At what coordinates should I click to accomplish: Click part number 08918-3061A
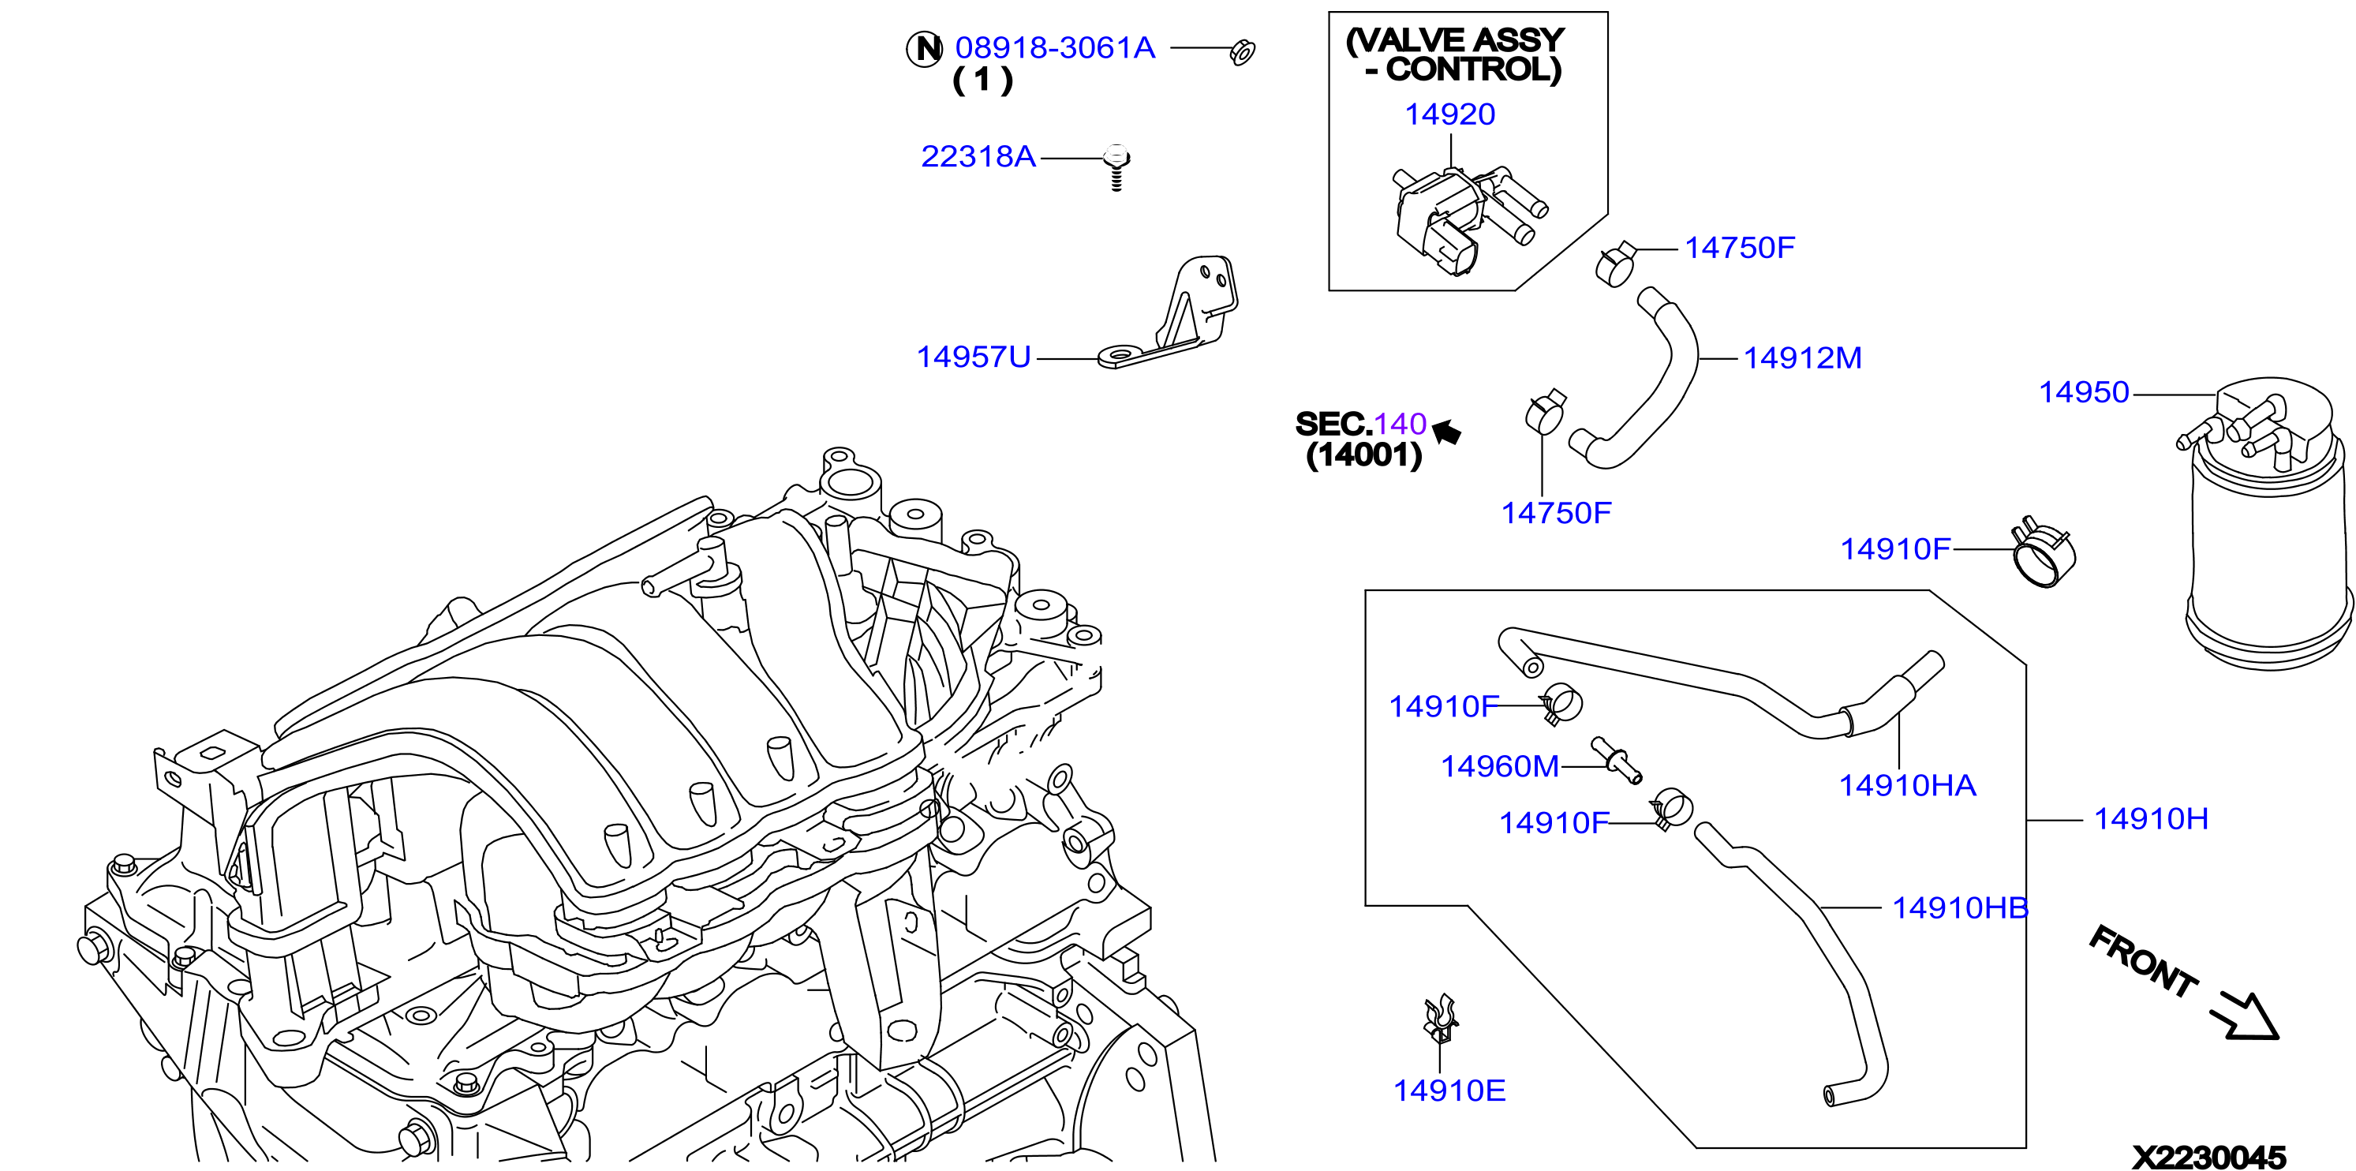click(1055, 47)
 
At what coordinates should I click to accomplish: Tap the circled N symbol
click(925, 48)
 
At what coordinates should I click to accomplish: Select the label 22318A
click(978, 156)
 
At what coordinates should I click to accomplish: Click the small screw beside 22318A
click(1116, 167)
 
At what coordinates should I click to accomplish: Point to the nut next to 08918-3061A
click(1243, 52)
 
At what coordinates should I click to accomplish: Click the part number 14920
click(1449, 114)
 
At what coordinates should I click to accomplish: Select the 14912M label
click(1802, 357)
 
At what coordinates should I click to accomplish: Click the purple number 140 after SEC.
click(1400, 424)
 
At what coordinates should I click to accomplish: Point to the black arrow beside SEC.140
click(1447, 432)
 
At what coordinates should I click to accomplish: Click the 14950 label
click(2084, 391)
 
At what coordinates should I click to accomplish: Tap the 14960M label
click(1499, 765)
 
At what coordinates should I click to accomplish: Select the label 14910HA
click(1907, 785)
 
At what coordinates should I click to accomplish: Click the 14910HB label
click(1960, 907)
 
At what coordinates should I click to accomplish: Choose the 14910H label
click(2151, 817)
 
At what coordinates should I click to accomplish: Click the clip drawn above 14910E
click(1441, 1018)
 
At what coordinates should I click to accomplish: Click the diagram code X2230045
click(2208, 1156)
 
